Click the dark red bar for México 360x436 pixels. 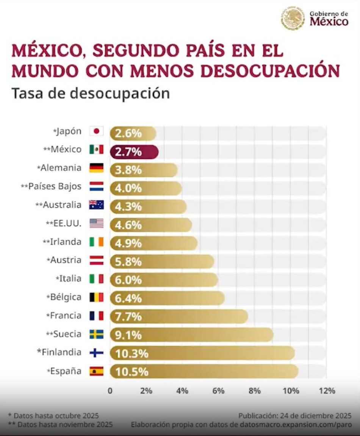click(134, 152)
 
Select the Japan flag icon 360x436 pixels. click(96, 132)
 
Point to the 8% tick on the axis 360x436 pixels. click(255, 391)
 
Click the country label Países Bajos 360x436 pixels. click(55, 187)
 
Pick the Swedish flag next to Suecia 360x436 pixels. click(96, 334)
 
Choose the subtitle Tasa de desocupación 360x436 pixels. click(91, 93)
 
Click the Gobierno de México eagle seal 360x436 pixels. click(293, 18)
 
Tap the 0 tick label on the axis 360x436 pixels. click(110, 391)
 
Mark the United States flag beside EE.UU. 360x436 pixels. click(96, 223)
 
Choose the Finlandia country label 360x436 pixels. click(59, 352)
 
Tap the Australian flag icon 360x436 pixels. click(96, 205)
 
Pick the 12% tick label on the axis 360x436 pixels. click(327, 391)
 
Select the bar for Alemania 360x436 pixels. click(144, 170)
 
